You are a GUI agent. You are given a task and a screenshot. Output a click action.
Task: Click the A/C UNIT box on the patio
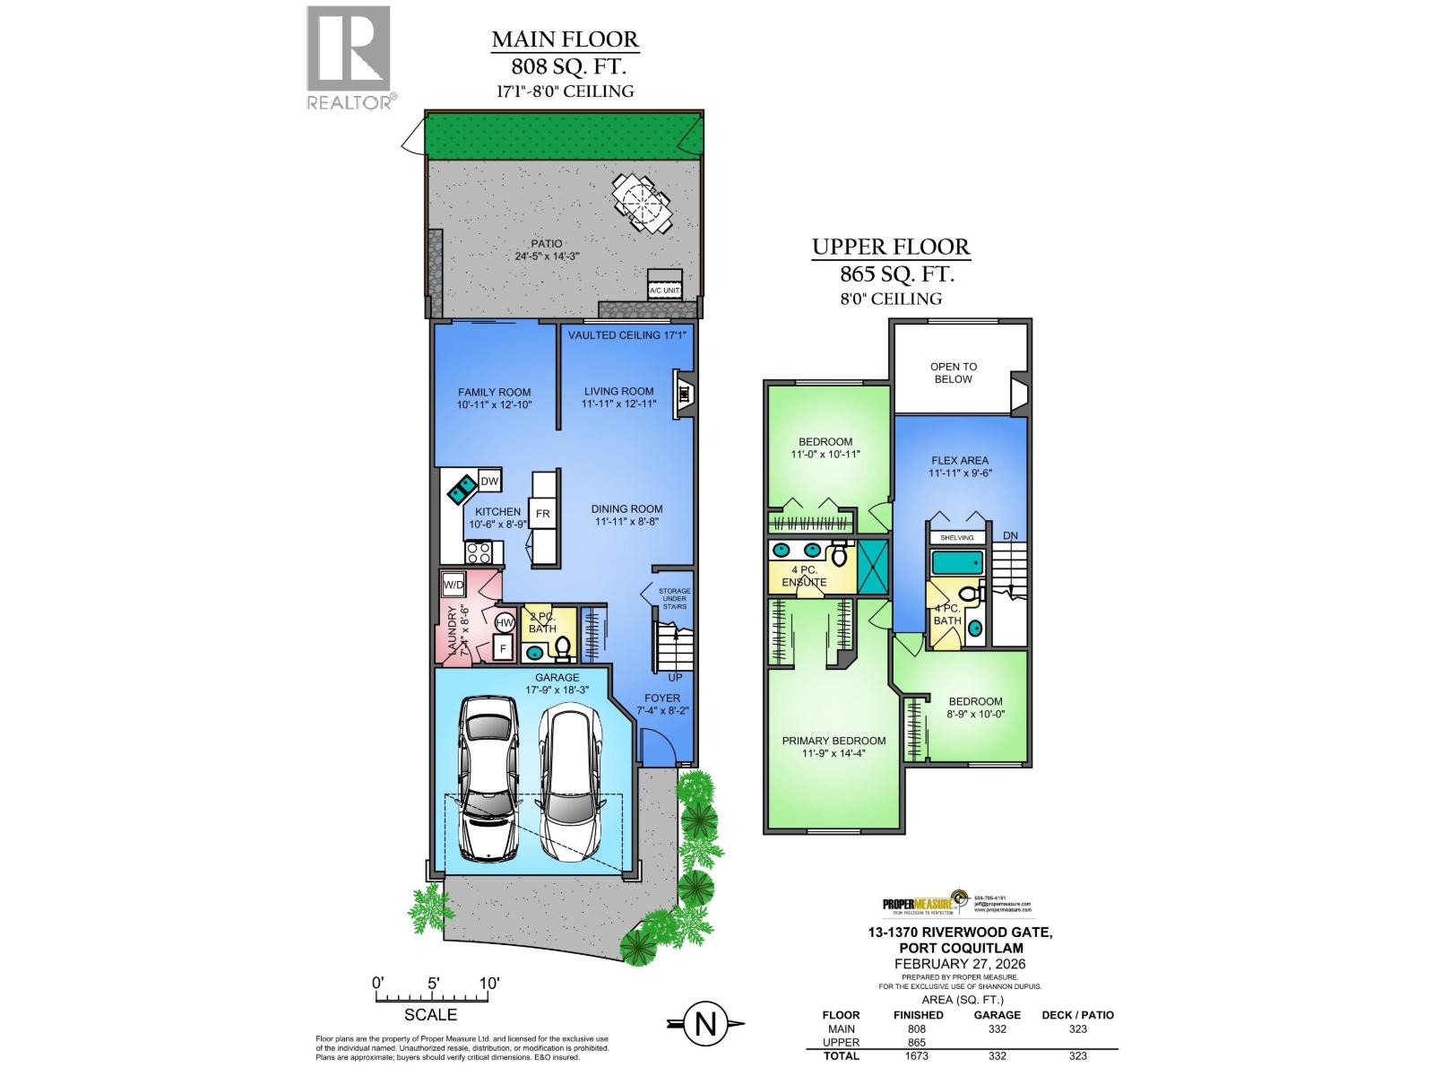(664, 284)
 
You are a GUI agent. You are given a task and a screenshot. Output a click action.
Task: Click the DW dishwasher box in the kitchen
(489, 482)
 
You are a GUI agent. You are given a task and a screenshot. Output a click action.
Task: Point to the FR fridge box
(542, 513)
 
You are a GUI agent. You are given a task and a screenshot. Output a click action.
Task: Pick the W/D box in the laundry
(454, 586)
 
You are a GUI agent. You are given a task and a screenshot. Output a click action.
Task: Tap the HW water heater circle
(505, 622)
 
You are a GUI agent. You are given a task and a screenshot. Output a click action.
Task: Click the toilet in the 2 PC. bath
(564, 646)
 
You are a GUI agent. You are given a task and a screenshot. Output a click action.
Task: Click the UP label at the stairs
(675, 678)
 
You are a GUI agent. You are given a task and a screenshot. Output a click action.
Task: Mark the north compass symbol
(706, 1024)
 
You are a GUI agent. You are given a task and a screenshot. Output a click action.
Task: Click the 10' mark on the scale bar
(488, 983)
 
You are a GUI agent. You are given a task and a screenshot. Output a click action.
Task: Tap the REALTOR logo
(350, 57)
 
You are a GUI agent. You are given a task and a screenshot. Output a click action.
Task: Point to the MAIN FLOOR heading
(565, 39)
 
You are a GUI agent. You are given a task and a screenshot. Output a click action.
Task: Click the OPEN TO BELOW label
(953, 372)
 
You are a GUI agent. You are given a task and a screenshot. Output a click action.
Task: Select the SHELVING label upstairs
(956, 537)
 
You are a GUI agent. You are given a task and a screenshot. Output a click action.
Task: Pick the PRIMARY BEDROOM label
(834, 741)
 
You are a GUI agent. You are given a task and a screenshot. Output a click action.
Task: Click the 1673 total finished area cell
(917, 1055)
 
